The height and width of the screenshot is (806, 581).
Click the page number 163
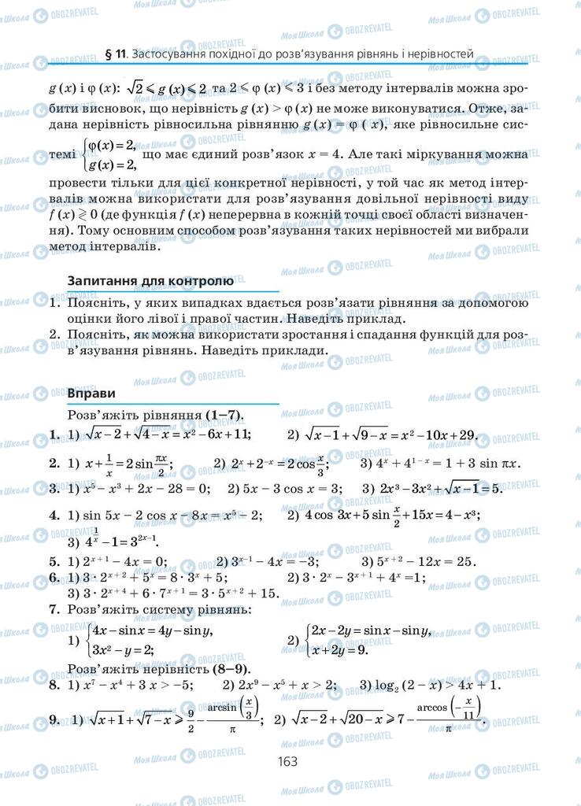[286, 761]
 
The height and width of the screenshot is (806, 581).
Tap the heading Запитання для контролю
[150, 280]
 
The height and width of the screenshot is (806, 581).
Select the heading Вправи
[92, 393]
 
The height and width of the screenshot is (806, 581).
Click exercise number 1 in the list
[54, 434]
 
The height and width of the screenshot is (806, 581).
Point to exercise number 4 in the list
[54, 516]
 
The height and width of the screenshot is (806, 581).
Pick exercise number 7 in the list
[54, 609]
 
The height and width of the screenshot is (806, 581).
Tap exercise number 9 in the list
[54, 719]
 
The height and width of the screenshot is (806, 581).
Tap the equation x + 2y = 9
[339, 650]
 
